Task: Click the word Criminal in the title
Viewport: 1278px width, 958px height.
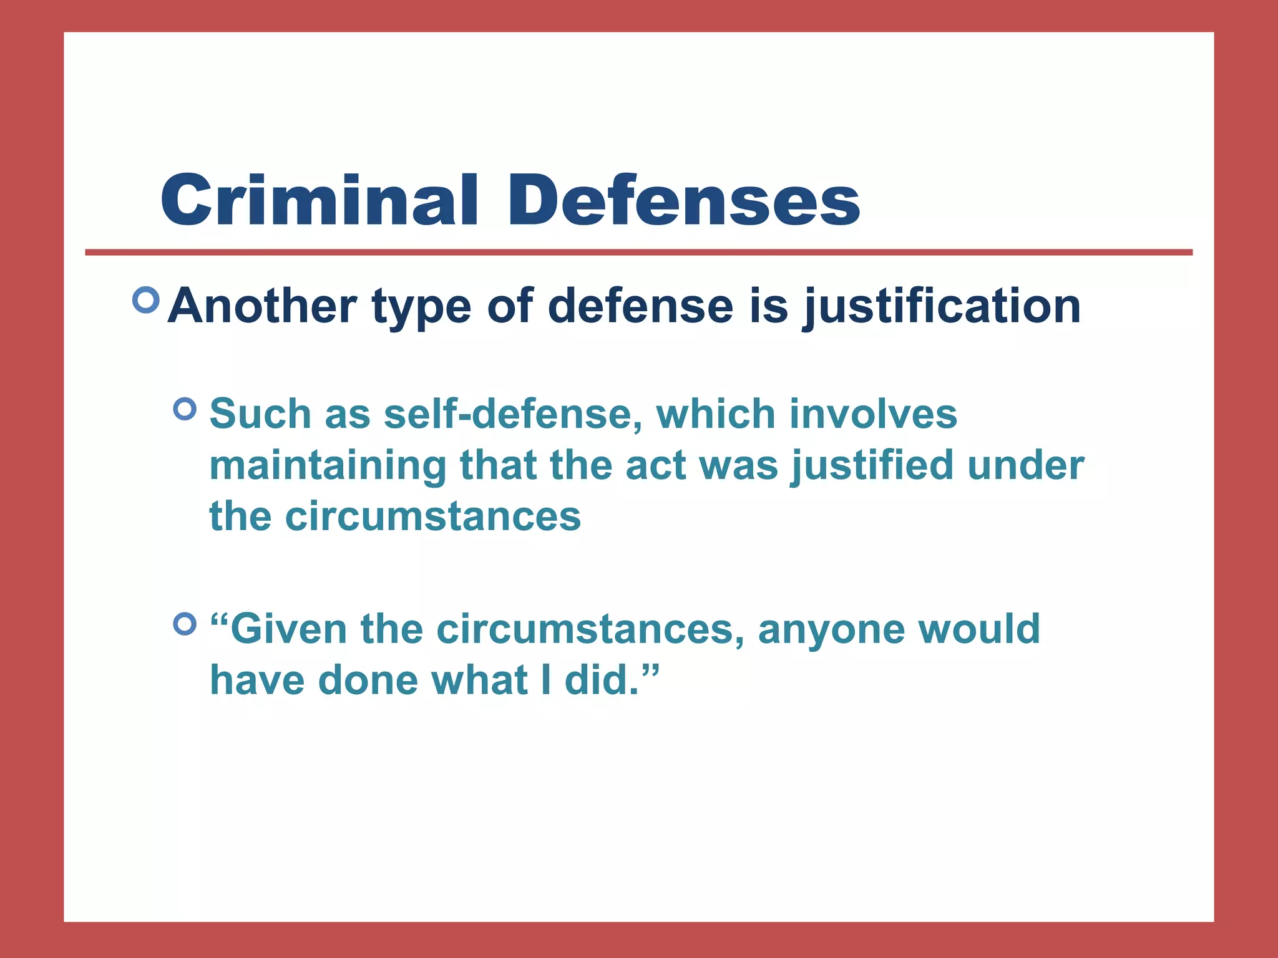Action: (319, 201)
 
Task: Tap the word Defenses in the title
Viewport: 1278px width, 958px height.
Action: (683, 201)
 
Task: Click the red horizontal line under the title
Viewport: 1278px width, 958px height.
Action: (638, 253)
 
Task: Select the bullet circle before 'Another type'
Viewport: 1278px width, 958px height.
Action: (146, 301)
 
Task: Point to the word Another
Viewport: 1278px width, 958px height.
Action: (262, 306)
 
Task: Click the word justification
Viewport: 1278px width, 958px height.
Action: (942, 307)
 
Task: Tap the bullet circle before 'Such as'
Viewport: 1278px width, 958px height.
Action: (185, 409)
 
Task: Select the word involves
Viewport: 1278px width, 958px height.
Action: (873, 414)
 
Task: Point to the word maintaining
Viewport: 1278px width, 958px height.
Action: (328, 466)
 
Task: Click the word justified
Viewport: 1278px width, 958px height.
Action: (872, 466)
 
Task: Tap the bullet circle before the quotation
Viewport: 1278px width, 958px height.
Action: (185, 623)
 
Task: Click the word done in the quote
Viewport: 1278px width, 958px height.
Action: (368, 680)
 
